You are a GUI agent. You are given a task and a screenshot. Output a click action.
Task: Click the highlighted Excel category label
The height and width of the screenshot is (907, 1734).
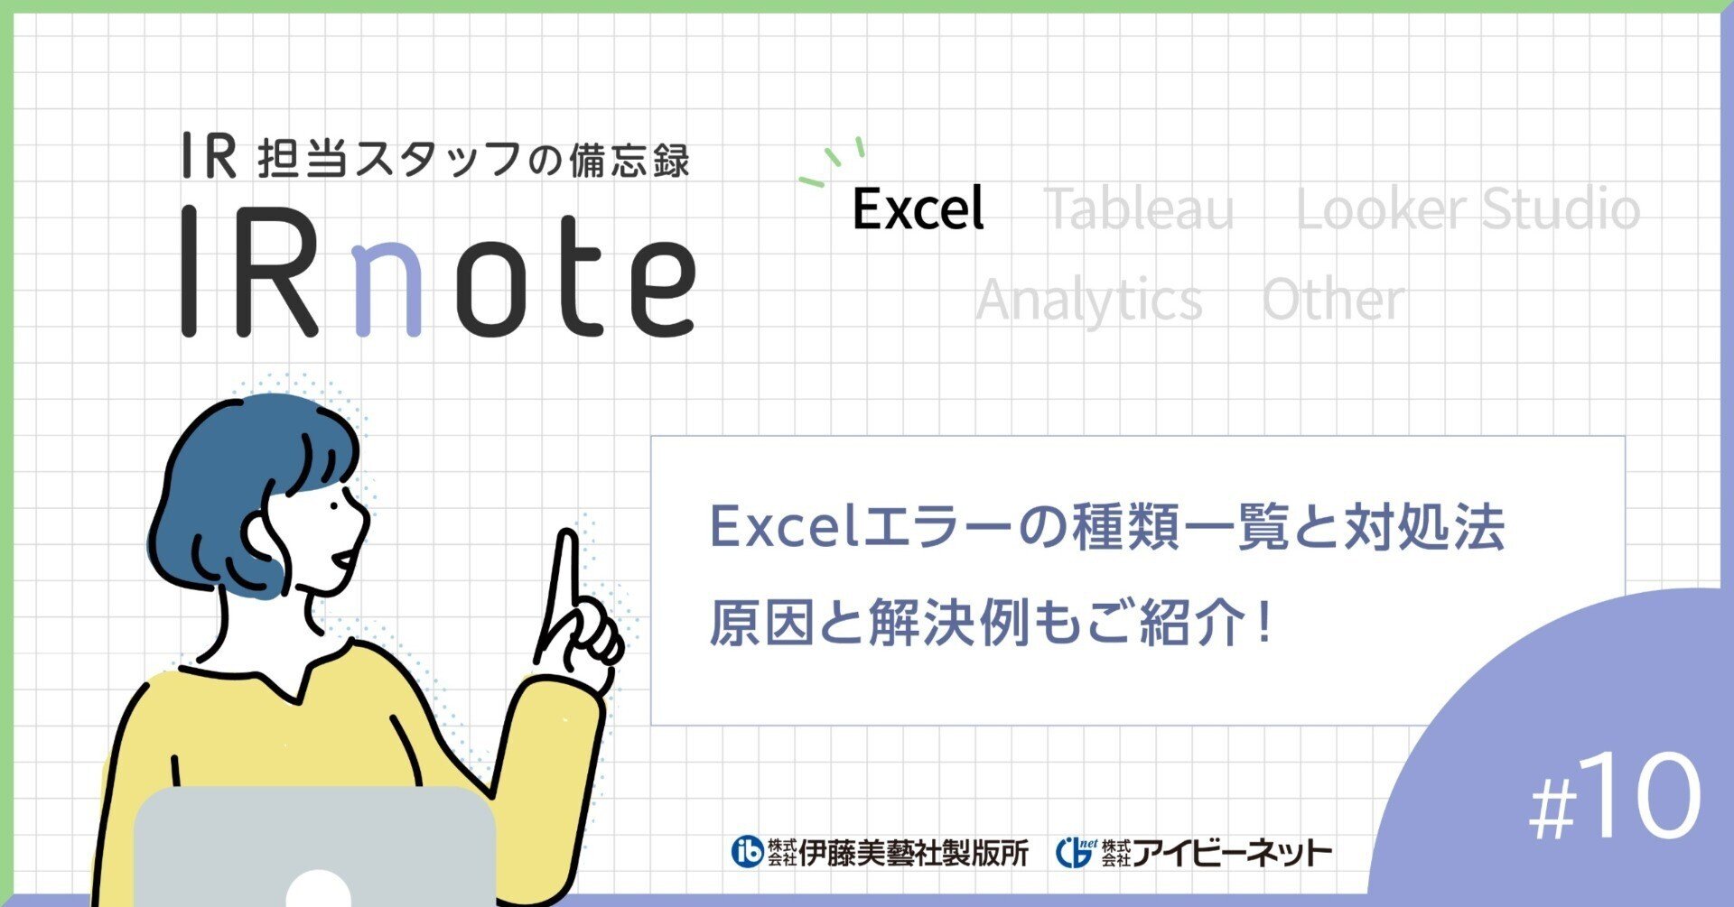pyautogui.click(x=918, y=209)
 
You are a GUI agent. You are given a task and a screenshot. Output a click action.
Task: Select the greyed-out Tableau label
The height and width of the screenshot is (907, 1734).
pyautogui.click(x=1139, y=209)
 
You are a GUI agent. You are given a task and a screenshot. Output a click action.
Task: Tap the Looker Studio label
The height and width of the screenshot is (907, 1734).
pyautogui.click(x=1468, y=209)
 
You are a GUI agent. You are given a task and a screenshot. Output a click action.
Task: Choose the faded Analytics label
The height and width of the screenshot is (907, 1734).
pyautogui.click(x=1088, y=300)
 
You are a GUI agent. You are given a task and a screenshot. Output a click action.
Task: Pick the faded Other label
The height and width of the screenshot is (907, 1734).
pyautogui.click(x=1332, y=300)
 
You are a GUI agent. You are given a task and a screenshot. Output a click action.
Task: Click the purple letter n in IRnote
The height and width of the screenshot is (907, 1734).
pyautogui.click(x=389, y=283)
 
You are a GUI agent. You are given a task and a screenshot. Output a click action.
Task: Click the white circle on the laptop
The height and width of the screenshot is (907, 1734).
pyautogui.click(x=318, y=889)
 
